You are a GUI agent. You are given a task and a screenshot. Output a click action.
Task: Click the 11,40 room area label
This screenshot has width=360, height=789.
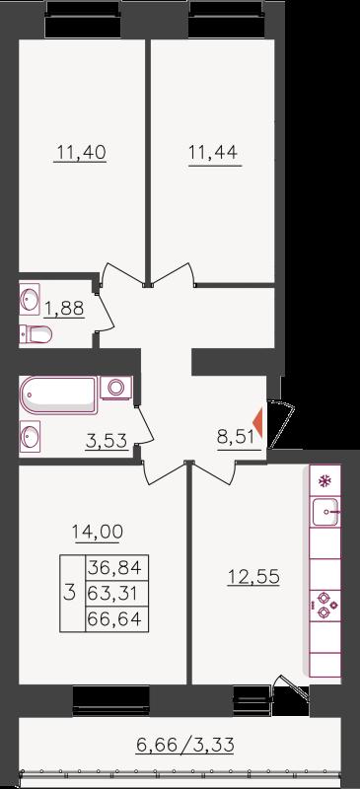point(81,152)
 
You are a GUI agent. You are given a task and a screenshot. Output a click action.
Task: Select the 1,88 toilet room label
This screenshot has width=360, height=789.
point(64,308)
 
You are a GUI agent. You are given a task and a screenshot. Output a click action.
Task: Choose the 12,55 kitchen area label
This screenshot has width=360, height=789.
point(253,577)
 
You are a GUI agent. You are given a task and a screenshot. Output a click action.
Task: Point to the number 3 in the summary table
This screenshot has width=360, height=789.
point(71,594)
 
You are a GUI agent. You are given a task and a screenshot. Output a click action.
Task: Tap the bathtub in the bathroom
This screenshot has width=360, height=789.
point(58,395)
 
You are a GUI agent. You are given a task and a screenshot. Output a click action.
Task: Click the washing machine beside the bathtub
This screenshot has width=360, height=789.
point(116,388)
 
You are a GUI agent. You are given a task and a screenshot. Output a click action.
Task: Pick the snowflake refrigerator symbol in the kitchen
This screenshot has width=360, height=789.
point(324,480)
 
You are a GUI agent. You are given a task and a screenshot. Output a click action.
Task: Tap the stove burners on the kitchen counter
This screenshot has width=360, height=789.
point(324,606)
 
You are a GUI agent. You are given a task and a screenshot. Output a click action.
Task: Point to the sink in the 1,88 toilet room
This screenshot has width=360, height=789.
point(30,300)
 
